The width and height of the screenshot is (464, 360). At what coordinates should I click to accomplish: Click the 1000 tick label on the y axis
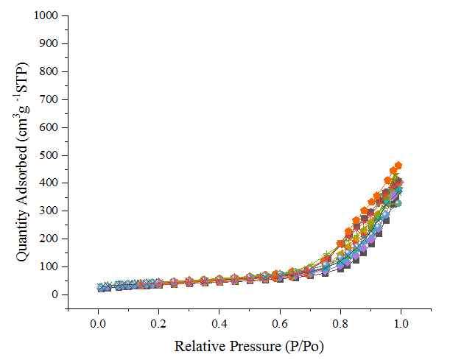[49, 15]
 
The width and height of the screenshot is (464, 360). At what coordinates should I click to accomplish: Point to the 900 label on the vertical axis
[52, 43]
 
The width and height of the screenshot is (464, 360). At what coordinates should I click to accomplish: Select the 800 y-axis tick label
[52, 71]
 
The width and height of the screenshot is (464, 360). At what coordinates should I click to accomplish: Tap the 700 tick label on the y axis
[52, 99]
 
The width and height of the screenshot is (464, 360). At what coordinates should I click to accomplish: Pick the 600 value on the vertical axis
[52, 127]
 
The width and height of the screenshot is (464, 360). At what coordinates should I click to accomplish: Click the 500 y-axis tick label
[52, 155]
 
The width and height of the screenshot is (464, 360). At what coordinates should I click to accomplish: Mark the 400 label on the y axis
[52, 183]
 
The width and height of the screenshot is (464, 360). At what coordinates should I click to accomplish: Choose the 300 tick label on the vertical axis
[52, 211]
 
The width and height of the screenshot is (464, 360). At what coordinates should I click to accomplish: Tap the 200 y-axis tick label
[52, 239]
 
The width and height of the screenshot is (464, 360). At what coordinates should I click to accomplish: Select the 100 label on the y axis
[52, 267]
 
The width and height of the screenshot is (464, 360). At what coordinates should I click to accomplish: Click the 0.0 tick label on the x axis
[98, 323]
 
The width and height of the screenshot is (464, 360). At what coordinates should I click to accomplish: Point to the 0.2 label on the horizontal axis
[158, 323]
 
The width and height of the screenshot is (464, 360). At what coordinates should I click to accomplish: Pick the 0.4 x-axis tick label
[219, 323]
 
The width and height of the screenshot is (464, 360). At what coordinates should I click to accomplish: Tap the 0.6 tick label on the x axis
[279, 323]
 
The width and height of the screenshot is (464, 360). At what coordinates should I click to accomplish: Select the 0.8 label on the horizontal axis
[340, 323]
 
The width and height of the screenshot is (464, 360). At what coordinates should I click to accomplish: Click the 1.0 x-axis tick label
[401, 323]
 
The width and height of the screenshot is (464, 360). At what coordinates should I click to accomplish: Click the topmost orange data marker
[398, 166]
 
